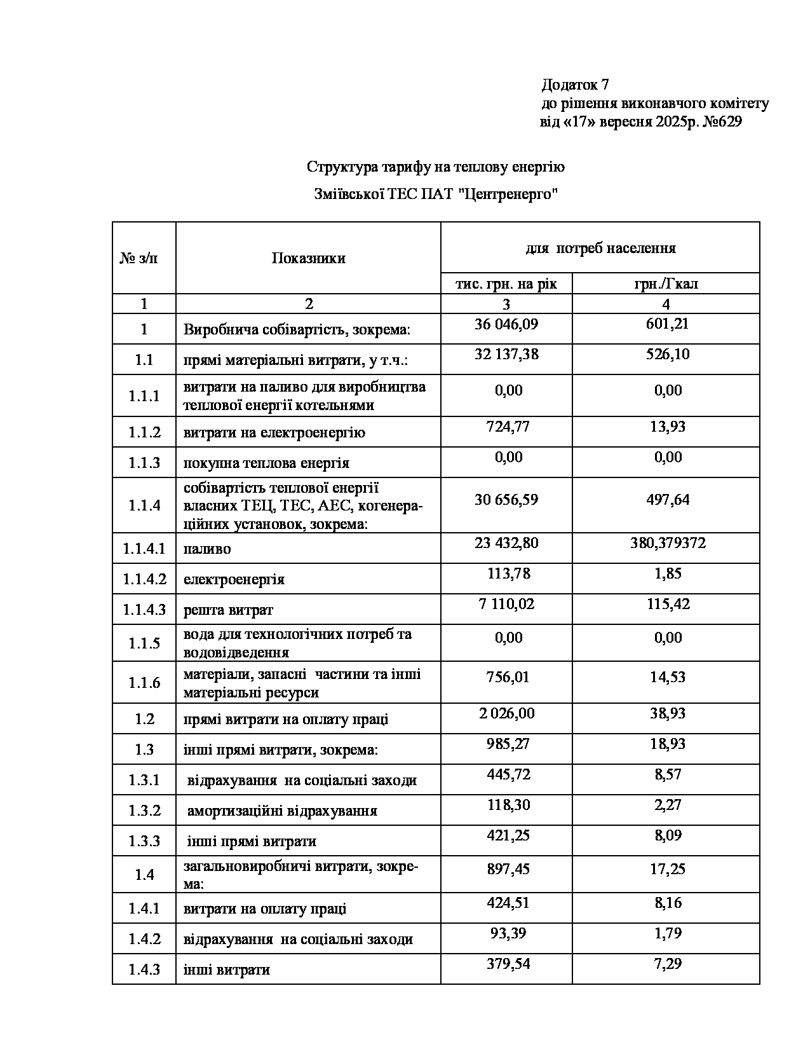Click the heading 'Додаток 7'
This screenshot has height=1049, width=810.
coord(575,85)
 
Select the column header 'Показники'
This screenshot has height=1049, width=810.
coord(308,258)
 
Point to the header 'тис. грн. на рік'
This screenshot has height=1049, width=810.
coord(506,284)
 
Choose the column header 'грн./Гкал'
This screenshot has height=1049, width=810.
coord(666,284)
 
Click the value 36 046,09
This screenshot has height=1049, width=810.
coord(506,324)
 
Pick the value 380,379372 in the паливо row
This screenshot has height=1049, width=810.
coord(666,544)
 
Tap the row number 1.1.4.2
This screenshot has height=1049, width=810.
coord(144,579)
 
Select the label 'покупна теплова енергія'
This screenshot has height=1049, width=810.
coord(267,463)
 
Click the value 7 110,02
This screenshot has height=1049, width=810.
coord(506,604)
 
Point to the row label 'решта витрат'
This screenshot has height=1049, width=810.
coord(228,610)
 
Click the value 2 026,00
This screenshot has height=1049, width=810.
coord(506,713)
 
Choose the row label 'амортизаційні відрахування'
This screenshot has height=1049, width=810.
coord(282,811)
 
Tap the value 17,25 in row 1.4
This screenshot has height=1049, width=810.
coord(667,869)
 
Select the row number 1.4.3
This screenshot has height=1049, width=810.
coord(144,970)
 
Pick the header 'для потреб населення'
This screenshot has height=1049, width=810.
coord(600,248)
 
